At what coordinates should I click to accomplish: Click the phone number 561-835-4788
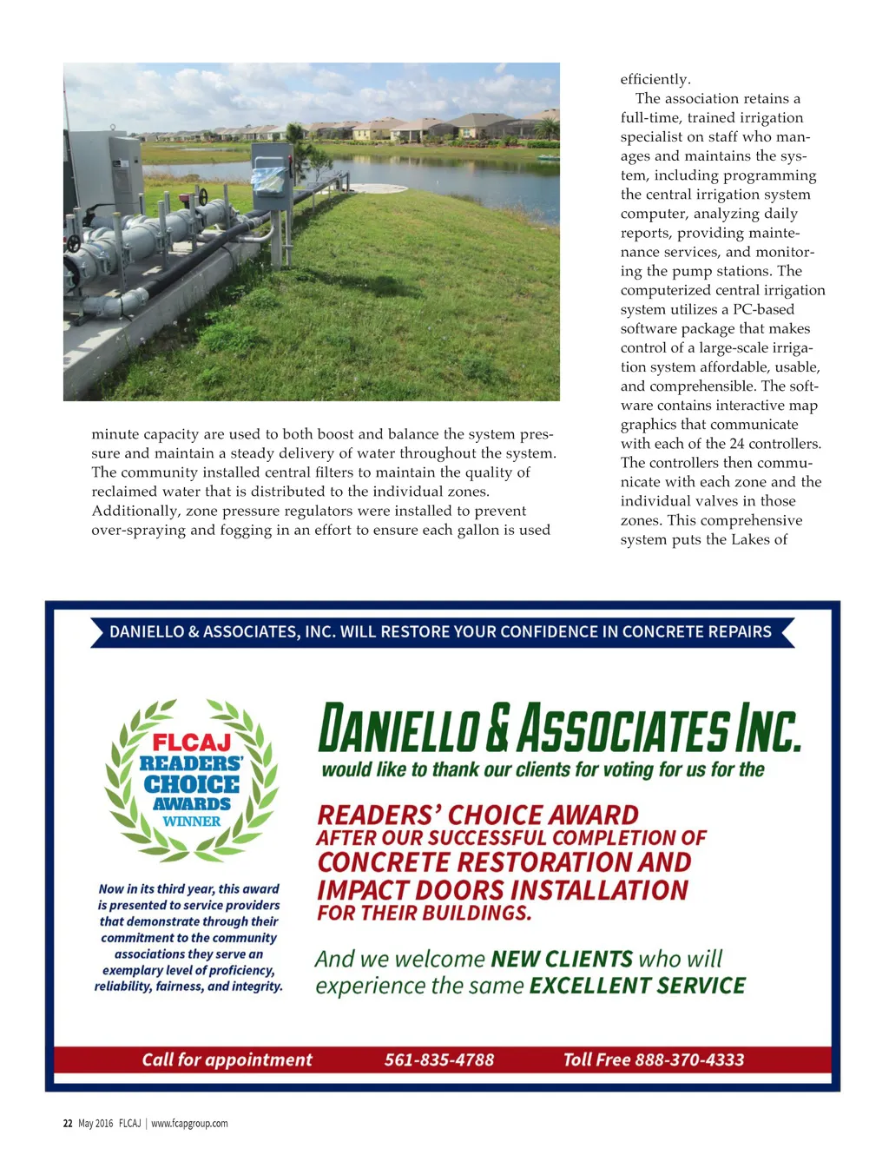pos(439,1059)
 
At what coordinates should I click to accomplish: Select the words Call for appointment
pos(227,1059)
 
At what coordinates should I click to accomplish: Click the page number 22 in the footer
pos(68,1123)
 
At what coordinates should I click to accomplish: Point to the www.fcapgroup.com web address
pos(189,1123)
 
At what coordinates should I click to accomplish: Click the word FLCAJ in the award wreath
pos(192,742)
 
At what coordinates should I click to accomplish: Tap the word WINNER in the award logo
pos(192,822)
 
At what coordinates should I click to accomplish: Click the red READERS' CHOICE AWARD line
pos(477,815)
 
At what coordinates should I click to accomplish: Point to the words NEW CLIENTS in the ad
pos(562,959)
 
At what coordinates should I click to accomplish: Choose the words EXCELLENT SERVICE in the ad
pos(637,986)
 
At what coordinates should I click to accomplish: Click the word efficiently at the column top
pos(655,79)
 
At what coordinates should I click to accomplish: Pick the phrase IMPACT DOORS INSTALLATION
pos(502,890)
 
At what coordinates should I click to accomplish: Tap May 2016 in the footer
pos(95,1123)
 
